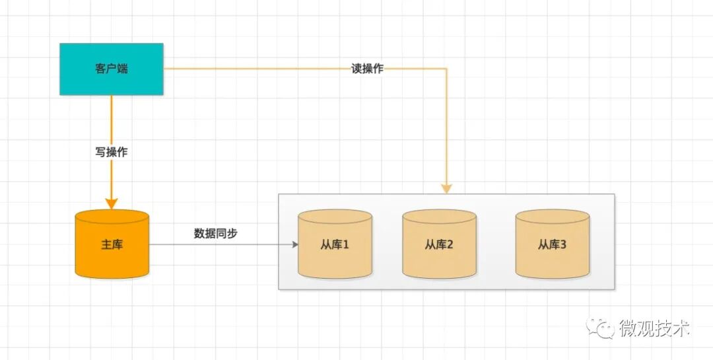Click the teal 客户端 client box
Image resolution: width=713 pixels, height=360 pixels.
(x=111, y=69)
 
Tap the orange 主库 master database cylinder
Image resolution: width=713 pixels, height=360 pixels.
(x=112, y=244)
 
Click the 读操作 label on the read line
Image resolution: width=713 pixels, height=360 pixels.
(x=367, y=69)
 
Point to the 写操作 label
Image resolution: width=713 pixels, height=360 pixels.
(x=112, y=152)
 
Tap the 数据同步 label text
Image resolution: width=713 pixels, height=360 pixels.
(x=215, y=233)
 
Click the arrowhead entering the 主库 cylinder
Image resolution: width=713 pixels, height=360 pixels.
(x=112, y=202)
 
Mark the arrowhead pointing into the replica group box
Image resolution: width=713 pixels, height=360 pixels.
(x=446, y=188)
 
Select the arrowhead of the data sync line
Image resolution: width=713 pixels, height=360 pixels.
(x=294, y=244)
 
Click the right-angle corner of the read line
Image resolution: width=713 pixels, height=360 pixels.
(x=446, y=69)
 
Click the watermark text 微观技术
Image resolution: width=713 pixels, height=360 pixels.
(x=654, y=328)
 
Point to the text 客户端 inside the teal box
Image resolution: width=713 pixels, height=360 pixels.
(x=111, y=69)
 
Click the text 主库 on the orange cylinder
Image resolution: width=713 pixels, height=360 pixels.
(x=112, y=245)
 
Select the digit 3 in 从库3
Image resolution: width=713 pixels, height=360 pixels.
(x=563, y=245)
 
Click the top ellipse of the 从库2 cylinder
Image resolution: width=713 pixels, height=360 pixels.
(x=439, y=217)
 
